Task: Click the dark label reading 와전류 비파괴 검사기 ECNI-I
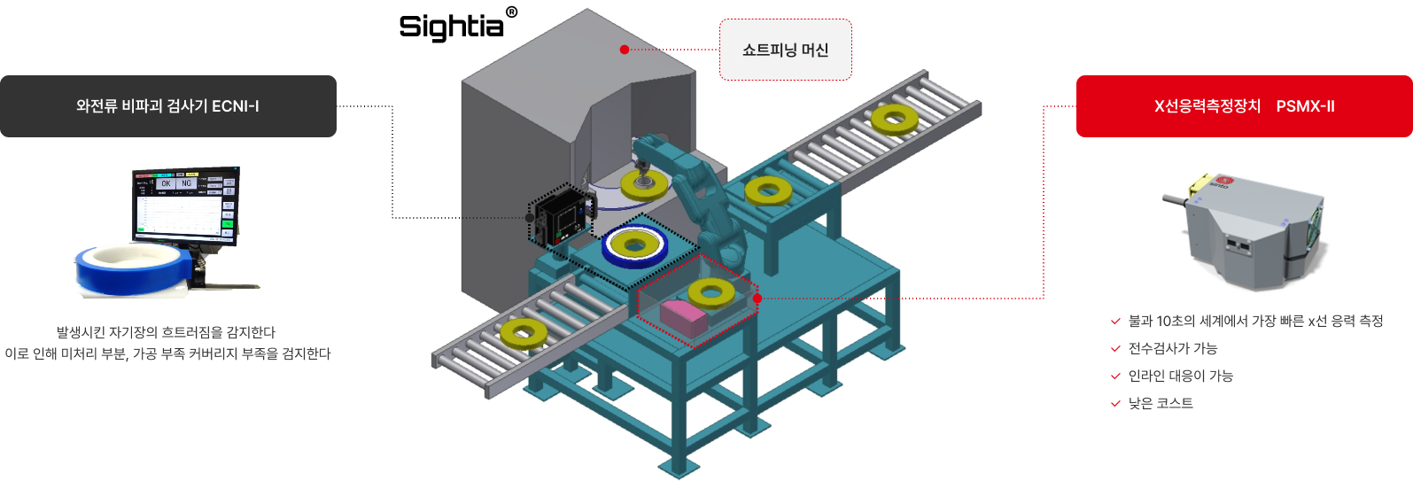(168, 106)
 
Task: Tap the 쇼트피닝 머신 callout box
(785, 50)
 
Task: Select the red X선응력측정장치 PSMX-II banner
(1244, 106)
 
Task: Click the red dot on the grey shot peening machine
(625, 50)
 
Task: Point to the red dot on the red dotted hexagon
(757, 299)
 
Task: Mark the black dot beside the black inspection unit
(530, 217)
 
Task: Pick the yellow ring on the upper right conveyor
(894, 118)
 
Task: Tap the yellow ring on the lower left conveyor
(524, 333)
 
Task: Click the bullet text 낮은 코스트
(1161, 403)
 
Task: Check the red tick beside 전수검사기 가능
(1115, 349)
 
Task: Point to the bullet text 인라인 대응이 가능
(1180, 376)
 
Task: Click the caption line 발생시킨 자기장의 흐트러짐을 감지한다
(167, 332)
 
